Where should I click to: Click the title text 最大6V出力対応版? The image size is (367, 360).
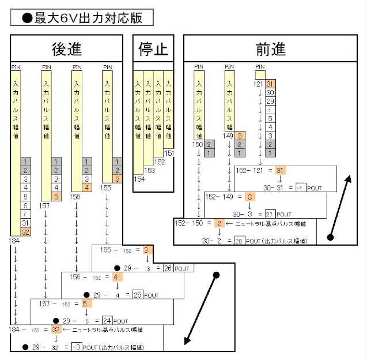pyautogui.click(x=82, y=18)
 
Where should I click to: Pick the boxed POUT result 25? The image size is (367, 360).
pyautogui.click(x=138, y=295)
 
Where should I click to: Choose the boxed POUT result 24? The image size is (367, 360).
pyautogui.click(x=107, y=321)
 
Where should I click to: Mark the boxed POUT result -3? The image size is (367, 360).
pyautogui.click(x=76, y=347)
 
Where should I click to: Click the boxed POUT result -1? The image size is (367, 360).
pyautogui.click(x=300, y=187)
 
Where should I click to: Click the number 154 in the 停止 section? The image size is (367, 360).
pyautogui.click(x=139, y=179)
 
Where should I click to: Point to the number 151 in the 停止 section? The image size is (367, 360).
pyautogui.click(x=169, y=153)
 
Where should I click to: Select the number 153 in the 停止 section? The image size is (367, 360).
pyautogui.click(x=149, y=171)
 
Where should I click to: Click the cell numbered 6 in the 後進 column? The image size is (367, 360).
pyautogui.click(x=25, y=205)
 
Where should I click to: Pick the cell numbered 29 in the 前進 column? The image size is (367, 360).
pyautogui.click(x=270, y=101)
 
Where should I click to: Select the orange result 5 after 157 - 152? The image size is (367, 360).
pyautogui.click(x=84, y=303)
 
